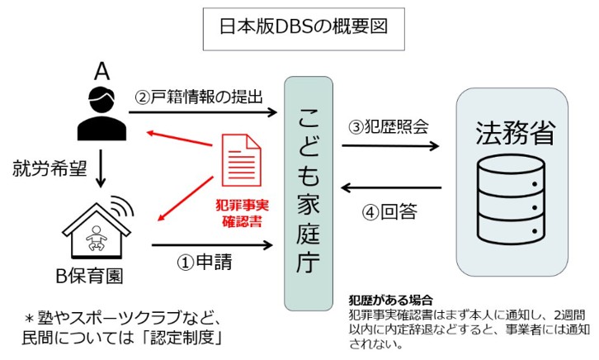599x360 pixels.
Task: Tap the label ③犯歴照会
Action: [x=388, y=126]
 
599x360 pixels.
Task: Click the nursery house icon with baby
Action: [x=98, y=226]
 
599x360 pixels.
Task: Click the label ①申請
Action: [x=205, y=263]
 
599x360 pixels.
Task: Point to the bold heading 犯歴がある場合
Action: [x=392, y=299]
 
